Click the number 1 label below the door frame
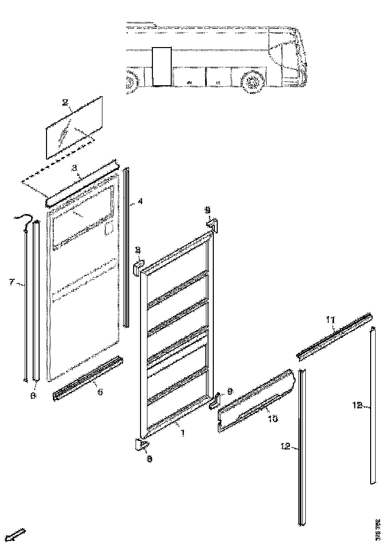tap(183, 433)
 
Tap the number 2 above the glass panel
tap(65, 103)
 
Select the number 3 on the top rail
tap(74, 168)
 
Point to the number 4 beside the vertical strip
tap(140, 202)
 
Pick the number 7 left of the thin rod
tap(11, 282)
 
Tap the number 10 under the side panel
tap(273, 418)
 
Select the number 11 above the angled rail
tap(330, 320)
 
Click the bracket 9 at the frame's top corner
tap(211, 225)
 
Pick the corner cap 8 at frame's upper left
tap(138, 267)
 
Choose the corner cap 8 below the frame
tap(140, 445)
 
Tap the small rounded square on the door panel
tap(109, 228)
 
